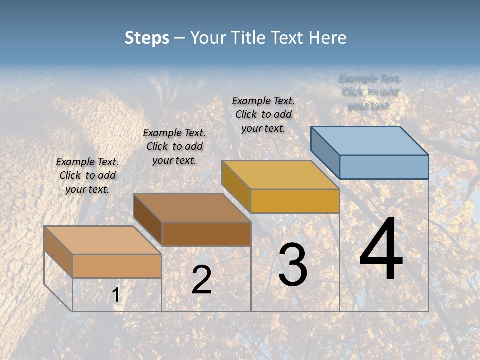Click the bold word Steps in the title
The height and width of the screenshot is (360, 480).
(147, 38)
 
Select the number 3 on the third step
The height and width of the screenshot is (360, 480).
(293, 265)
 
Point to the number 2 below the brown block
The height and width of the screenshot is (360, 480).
(201, 280)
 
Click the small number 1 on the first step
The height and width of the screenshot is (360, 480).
(116, 295)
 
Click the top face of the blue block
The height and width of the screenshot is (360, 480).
(370, 140)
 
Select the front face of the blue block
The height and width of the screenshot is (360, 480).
(384, 167)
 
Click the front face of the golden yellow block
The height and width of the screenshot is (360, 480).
(295, 201)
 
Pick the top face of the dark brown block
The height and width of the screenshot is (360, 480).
(192, 208)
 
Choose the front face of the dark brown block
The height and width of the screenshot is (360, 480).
(206, 234)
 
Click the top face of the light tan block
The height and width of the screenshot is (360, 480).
(103, 240)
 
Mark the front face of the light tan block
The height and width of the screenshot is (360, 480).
(117, 266)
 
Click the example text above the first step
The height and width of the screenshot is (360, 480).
(87, 175)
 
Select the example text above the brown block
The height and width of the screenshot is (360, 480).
(174, 146)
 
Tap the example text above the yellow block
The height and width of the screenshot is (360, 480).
(263, 114)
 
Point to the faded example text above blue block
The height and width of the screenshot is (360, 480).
(369, 92)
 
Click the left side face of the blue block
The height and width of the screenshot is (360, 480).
(325, 152)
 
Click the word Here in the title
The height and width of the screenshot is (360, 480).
(327, 38)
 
